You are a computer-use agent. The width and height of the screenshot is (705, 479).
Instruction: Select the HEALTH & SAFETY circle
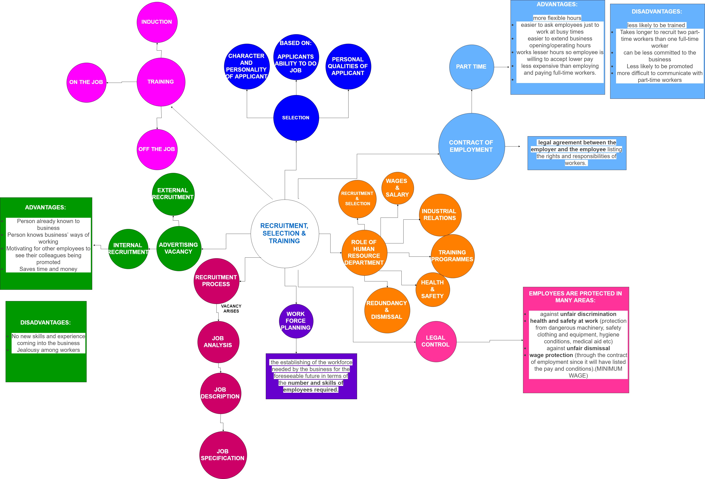(433, 289)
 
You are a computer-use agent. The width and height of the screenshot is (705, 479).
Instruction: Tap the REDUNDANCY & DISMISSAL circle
(387, 310)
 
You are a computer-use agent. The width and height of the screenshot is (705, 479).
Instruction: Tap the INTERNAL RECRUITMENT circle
(128, 249)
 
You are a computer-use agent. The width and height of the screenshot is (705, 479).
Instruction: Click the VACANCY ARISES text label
(231, 309)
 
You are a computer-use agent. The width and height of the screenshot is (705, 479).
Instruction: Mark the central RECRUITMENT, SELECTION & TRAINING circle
(285, 234)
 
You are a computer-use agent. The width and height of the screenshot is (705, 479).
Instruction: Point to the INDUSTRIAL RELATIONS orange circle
(440, 215)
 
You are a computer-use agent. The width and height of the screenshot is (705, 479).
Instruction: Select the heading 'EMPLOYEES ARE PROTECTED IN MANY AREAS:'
(575, 297)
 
